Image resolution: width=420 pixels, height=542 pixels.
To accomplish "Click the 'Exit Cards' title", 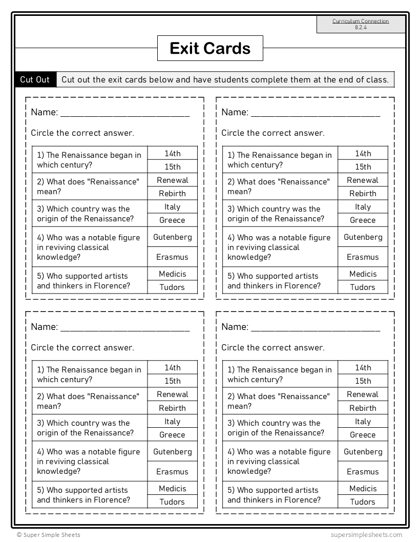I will (210, 49).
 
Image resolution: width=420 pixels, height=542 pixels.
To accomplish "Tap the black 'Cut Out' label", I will (35, 79).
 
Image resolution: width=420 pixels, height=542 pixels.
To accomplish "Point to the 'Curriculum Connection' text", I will (361, 21).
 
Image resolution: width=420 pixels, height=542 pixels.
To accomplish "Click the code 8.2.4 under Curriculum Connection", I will (361, 28).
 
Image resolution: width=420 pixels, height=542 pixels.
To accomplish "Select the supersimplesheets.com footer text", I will (366, 535).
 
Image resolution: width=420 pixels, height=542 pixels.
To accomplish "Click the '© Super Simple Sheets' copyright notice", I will (48, 535).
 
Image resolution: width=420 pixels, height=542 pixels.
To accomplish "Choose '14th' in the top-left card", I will (173, 153).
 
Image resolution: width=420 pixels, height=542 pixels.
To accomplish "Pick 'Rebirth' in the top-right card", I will (363, 194).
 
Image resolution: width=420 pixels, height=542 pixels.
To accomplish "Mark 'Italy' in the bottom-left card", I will (173, 422).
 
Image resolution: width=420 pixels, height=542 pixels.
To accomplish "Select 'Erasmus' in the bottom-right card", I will (363, 472).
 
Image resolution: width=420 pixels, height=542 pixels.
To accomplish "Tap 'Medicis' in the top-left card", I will (173, 274).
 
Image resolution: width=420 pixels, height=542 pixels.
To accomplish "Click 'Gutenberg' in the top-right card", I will (363, 237).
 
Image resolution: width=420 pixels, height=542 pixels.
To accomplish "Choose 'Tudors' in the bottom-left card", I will (172, 502).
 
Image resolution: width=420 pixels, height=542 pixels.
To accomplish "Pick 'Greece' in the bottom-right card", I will (363, 435).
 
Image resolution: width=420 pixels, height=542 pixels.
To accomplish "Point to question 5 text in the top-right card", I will (274, 281).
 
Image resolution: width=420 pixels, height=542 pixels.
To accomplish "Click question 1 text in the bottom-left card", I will (89, 374).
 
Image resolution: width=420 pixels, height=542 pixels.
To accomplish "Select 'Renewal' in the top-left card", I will (173, 180).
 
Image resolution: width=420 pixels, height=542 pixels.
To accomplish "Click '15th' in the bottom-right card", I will (363, 381).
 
